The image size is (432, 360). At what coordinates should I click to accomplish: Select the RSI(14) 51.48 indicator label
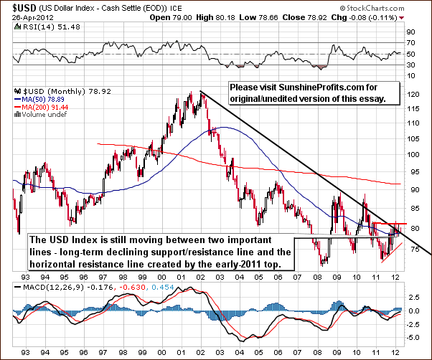click(x=33, y=27)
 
